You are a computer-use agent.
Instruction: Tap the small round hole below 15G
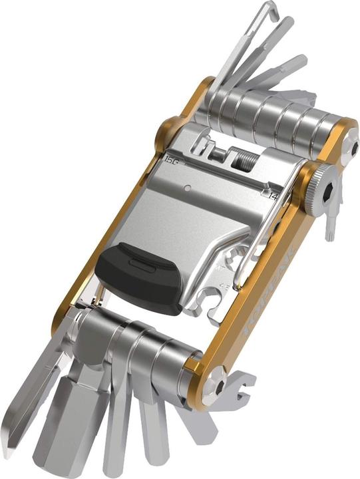point(188,187)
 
